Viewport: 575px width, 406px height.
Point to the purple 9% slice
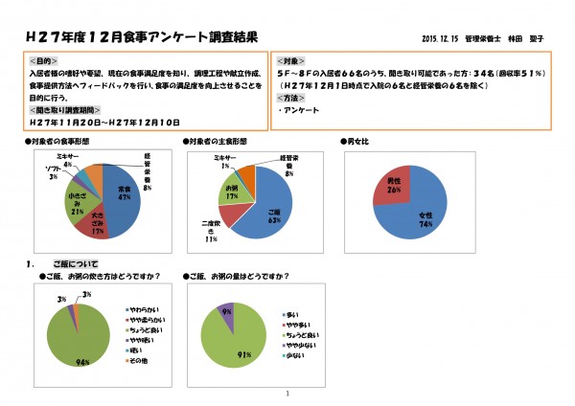(227, 312)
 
